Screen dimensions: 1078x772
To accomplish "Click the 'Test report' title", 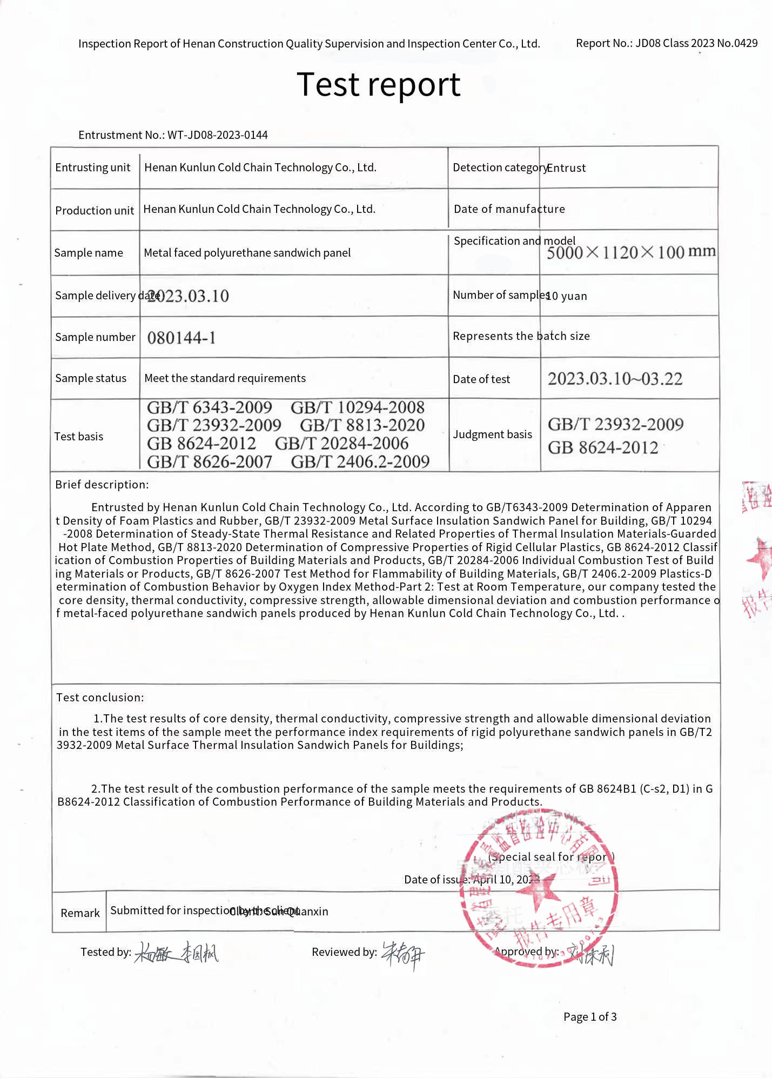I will click(378, 85).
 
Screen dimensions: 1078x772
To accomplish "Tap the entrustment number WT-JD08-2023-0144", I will click(217, 135).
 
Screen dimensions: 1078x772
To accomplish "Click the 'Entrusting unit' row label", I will click(93, 168).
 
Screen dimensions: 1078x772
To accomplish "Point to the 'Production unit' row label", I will click(95, 210).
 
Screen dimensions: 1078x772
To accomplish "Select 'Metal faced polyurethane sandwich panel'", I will click(247, 253).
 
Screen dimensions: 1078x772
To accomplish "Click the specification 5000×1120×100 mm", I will click(630, 252).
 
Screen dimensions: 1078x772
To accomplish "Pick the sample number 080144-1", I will click(182, 338).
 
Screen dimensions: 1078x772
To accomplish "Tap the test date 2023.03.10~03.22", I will click(615, 379).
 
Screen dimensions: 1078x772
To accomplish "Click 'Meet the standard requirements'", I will click(225, 378).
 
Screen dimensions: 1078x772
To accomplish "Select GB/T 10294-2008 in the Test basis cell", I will click(358, 407).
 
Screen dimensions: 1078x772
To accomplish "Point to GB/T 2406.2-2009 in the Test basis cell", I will click(360, 461).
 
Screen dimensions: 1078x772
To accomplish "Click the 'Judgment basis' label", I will click(492, 434).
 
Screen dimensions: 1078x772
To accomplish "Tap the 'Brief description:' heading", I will click(102, 485).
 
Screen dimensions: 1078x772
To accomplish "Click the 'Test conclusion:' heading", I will click(100, 698).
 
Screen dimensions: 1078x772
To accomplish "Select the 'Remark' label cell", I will click(80, 913).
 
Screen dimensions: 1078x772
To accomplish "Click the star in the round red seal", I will click(538, 892).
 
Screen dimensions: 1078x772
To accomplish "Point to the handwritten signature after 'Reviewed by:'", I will click(403, 955).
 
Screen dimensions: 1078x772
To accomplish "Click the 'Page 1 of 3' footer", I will click(589, 1017).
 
